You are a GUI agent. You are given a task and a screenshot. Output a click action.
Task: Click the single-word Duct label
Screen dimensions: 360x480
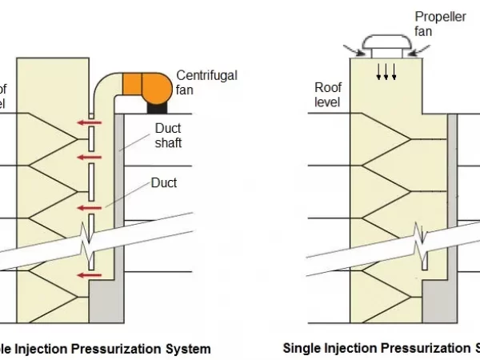click(163, 183)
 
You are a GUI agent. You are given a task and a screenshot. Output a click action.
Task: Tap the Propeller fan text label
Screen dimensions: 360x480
click(437, 23)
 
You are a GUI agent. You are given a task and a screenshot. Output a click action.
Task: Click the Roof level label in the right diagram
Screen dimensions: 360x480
click(328, 95)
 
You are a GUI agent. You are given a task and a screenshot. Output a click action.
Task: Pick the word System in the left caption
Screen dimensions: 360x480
click(187, 349)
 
